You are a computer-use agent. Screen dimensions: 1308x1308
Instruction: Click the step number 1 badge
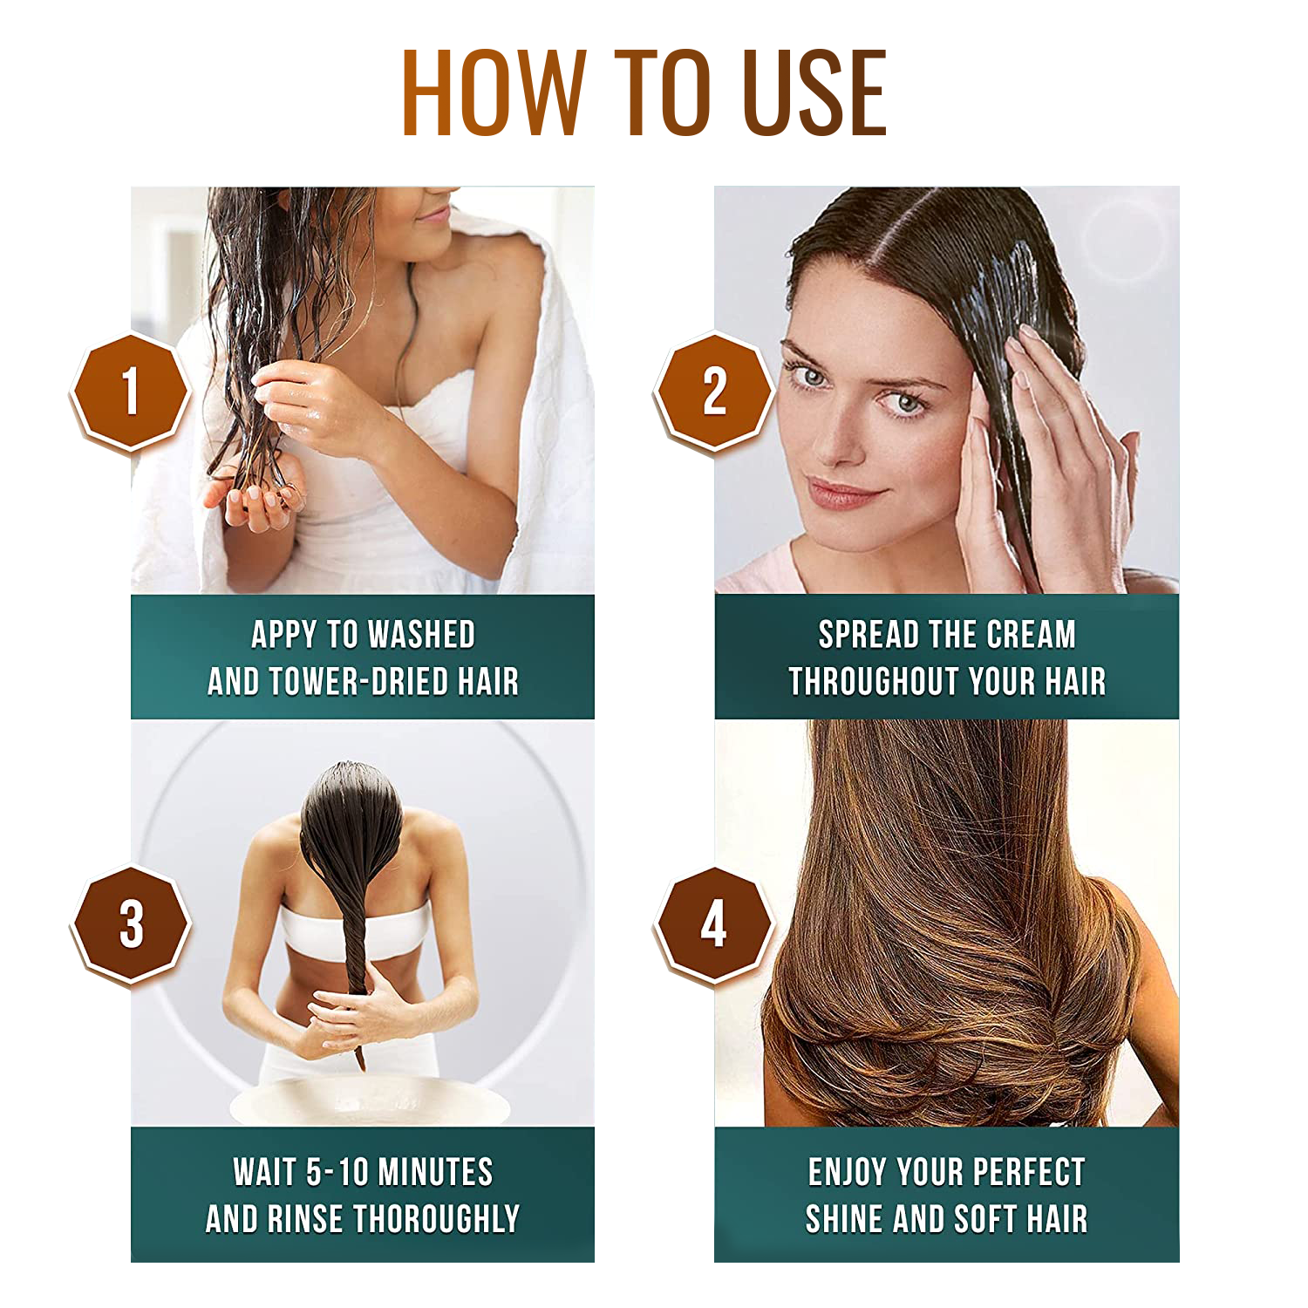coord(131,391)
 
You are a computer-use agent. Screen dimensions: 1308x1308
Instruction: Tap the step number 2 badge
coord(714,391)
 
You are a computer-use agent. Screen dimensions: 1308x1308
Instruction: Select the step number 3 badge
coord(131,924)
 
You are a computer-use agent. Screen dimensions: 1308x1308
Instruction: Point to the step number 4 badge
coord(714,924)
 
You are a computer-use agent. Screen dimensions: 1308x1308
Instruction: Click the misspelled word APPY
coord(283,635)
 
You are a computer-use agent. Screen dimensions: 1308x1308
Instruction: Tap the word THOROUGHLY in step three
coord(436,1219)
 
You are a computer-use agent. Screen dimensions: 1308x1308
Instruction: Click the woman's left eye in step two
coord(907,404)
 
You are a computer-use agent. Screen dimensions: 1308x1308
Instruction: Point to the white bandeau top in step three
coord(353,929)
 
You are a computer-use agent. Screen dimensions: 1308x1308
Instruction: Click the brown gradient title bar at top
coord(644,92)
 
